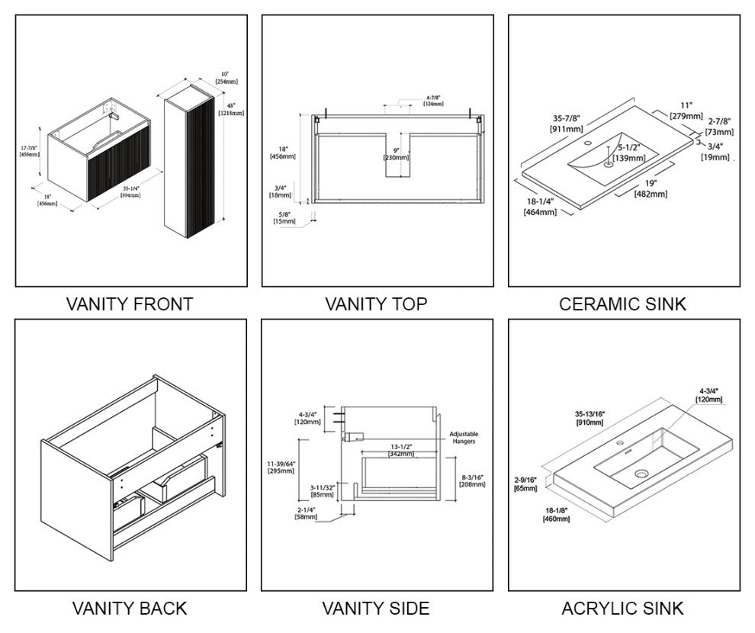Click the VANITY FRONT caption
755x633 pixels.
(x=130, y=304)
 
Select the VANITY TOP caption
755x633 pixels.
(x=376, y=304)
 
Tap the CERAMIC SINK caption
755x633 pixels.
(x=622, y=304)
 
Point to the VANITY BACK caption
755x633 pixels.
(x=130, y=609)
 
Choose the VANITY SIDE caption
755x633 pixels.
(x=376, y=609)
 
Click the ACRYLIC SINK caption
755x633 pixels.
(x=622, y=609)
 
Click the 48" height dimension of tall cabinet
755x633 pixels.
(x=231, y=109)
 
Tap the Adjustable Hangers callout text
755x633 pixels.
(x=464, y=438)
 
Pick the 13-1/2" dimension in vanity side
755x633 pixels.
(x=400, y=450)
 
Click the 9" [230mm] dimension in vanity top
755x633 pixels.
(x=396, y=154)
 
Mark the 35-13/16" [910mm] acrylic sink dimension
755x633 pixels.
(x=591, y=418)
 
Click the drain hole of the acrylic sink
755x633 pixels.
(x=641, y=474)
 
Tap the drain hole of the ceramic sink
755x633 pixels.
(x=609, y=163)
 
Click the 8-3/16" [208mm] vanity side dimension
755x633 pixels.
(x=473, y=480)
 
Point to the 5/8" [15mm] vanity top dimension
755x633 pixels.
(x=284, y=217)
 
